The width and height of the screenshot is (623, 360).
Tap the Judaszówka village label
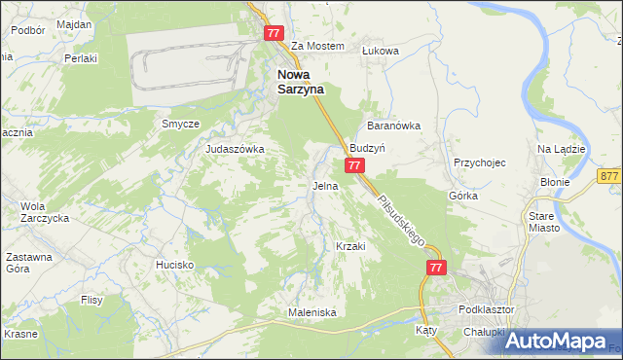coord(236,149)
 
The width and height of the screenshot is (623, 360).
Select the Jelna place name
coord(325,185)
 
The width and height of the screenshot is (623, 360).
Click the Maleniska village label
coord(311,312)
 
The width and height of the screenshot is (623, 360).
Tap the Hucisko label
coord(175,265)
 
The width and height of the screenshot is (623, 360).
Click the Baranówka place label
coord(392,126)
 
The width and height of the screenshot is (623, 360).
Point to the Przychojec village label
coord(480,163)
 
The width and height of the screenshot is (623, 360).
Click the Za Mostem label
coord(318,46)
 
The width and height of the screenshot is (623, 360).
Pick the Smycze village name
coord(180,125)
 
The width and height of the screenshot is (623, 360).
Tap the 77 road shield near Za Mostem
coord(274,32)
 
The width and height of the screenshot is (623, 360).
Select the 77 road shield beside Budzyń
coord(355,166)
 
